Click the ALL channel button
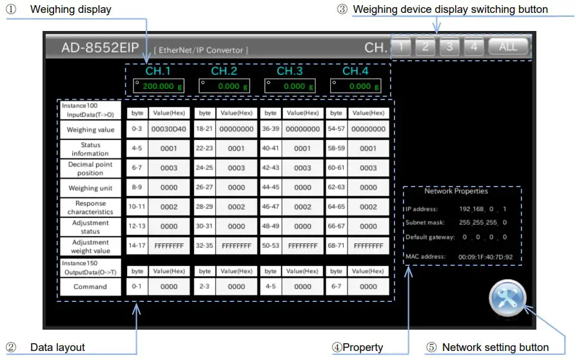[x=508, y=46]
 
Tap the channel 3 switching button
[x=449, y=46]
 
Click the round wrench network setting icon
[x=508, y=300]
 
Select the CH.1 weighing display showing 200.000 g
[x=158, y=86]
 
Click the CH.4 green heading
[x=355, y=71]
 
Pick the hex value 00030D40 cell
[x=169, y=129]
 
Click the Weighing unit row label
[x=90, y=188]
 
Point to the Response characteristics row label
[x=90, y=207]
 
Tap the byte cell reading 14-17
[x=137, y=246]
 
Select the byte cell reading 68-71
[x=336, y=246]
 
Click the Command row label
[x=90, y=286]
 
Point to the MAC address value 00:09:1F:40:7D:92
[x=485, y=257]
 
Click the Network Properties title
[x=456, y=191]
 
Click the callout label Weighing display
[x=70, y=10]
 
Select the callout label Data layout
[x=57, y=348]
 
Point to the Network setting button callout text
[x=495, y=348]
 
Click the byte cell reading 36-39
[x=270, y=129]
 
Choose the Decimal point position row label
[x=90, y=168]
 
